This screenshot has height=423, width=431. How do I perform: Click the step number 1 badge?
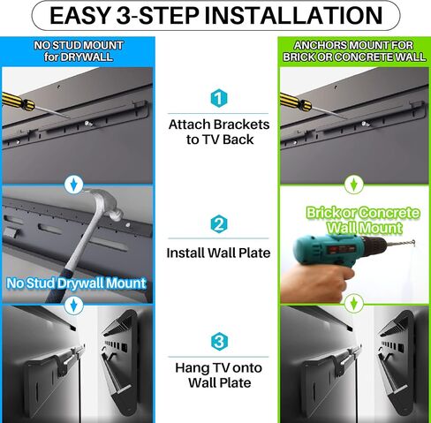pyautogui.click(x=219, y=98)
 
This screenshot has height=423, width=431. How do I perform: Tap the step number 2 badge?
pyautogui.click(x=219, y=224)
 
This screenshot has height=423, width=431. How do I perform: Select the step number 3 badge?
pyautogui.click(x=219, y=342)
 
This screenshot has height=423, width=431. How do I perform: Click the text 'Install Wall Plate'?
pyautogui.click(x=218, y=253)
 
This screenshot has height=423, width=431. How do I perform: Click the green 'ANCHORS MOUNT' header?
pyautogui.click(x=353, y=49)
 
